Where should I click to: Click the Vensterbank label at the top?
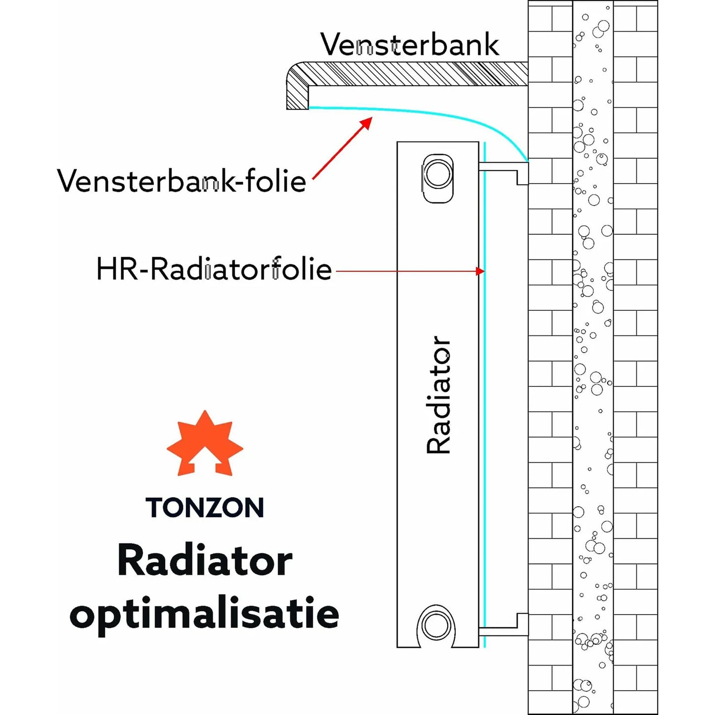pos(409,45)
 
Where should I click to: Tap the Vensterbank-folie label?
pos(181,181)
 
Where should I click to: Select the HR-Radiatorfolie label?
pos(214,269)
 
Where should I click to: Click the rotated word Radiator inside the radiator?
pos(438,395)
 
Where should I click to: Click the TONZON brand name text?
pos(205,508)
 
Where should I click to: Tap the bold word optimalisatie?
pos(204,614)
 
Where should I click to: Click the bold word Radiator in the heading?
pos(205,561)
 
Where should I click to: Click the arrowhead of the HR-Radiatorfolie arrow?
pos(479,271)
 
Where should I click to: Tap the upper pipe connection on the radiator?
pos(438,175)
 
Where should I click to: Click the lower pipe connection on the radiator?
pos(436,625)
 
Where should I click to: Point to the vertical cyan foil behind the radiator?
pos(485,396)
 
